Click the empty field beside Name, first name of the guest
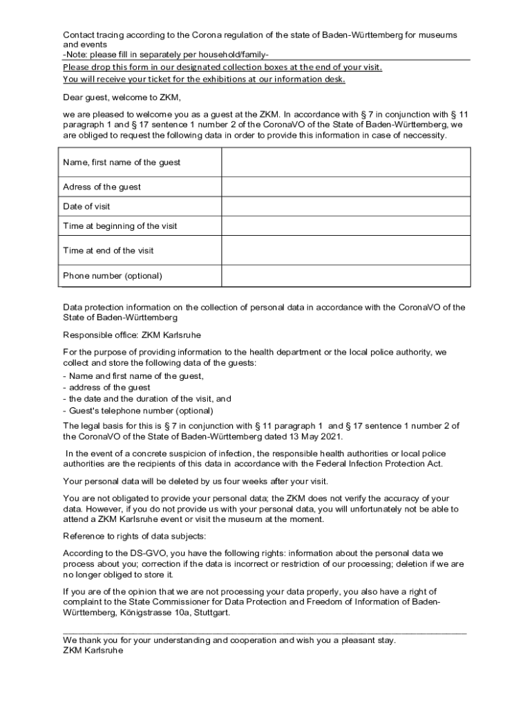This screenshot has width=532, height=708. coord(345,162)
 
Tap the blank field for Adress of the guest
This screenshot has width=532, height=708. coord(345,187)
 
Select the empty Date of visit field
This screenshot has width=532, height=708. coord(345,207)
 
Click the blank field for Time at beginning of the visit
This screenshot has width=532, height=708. coord(345,226)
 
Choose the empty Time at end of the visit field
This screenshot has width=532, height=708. coord(345,250)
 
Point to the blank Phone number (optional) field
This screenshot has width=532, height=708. coord(345,276)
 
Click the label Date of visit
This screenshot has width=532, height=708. coord(86,207)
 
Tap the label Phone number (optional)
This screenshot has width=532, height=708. coord(113,276)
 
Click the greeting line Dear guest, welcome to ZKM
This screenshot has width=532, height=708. coord(122,97)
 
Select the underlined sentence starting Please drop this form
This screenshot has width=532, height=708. coord(222,67)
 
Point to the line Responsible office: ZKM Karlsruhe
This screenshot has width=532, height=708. coord(132,335)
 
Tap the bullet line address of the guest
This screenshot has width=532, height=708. coord(106,388)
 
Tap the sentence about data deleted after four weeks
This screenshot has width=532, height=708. coord(196,481)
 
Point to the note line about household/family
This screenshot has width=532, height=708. coord(166,55)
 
